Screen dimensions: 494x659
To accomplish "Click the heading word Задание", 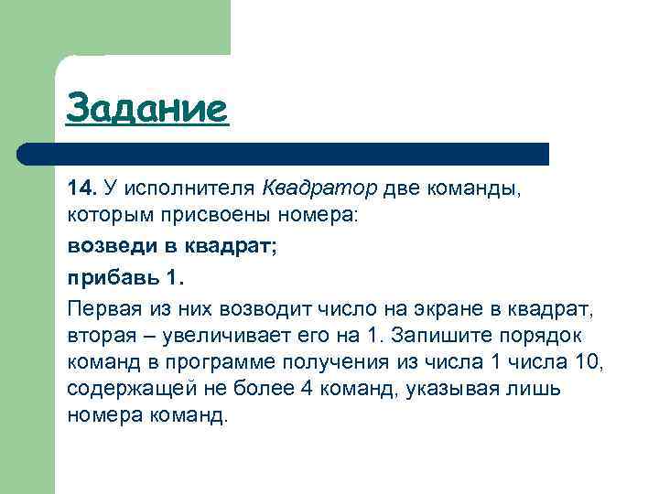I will click(146, 109).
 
